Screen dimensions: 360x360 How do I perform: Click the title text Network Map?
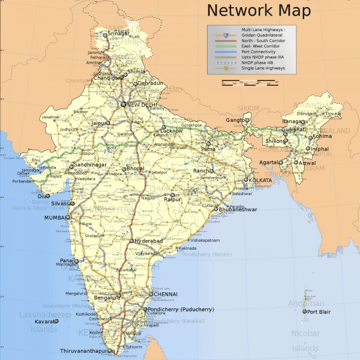[259, 10]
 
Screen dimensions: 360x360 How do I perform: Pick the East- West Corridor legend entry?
[261, 46]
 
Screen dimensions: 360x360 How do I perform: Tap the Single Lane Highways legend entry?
[263, 68]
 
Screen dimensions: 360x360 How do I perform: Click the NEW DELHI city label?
[142, 105]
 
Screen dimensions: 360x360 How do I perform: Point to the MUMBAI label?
[57, 218]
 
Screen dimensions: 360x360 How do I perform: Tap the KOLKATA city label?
[260, 181]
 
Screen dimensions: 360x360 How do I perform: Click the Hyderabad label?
[148, 241]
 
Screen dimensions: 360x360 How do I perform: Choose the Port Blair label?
[320, 312]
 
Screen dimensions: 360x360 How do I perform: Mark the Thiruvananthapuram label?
[86, 351]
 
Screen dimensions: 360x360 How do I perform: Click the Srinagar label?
[118, 34]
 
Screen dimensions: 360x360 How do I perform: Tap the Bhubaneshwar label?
[238, 209]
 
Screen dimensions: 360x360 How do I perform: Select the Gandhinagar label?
[90, 164]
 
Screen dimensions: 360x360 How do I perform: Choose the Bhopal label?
[134, 169]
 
